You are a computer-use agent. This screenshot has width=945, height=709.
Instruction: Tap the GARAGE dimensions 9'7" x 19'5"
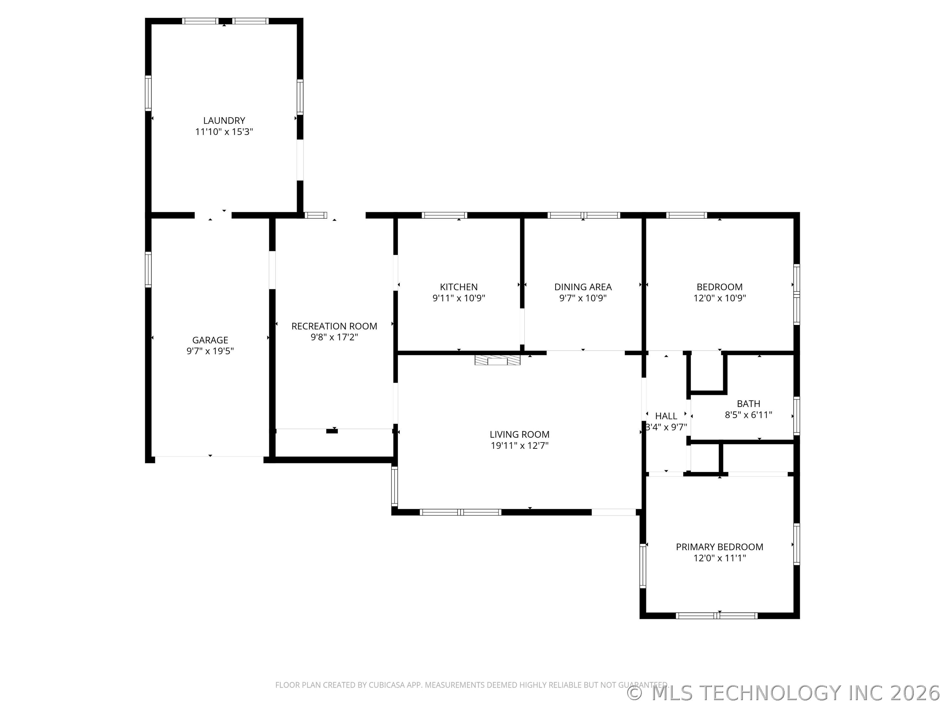point(210,351)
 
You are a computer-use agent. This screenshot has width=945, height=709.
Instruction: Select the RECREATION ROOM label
point(334,326)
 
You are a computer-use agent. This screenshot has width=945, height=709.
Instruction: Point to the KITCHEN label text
point(459,287)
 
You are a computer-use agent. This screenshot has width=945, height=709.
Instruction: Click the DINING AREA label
point(583,287)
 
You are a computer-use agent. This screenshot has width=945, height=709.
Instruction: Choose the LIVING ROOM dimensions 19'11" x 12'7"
point(519,445)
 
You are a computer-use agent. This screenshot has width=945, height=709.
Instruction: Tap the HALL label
point(666,416)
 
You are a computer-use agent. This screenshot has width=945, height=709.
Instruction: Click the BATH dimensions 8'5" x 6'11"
point(748,415)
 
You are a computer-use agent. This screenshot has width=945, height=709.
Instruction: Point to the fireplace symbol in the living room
point(498,360)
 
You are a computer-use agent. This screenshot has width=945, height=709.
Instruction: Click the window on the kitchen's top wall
point(444,215)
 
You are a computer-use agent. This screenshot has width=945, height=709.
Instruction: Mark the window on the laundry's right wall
point(300,97)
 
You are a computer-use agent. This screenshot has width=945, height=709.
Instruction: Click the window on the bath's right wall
point(796,416)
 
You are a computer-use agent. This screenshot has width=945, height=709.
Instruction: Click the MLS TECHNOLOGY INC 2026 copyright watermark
point(784,693)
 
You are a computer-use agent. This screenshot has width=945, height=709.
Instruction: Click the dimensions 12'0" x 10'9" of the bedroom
point(720,298)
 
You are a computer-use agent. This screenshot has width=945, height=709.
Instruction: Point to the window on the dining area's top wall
point(584,215)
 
